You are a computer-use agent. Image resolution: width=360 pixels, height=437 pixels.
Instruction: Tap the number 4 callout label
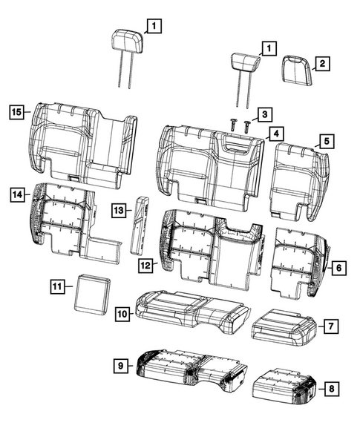pyautogui.click(x=275, y=134)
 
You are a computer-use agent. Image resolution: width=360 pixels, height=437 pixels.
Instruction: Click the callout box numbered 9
pyautogui.click(x=120, y=365)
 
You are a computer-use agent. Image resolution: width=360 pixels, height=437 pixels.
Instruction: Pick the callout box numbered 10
pyautogui.click(x=121, y=315)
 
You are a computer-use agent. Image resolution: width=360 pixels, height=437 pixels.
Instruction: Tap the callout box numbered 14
pyautogui.click(x=17, y=194)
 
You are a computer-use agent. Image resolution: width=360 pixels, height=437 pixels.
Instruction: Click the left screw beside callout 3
pyautogui.click(x=232, y=123)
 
